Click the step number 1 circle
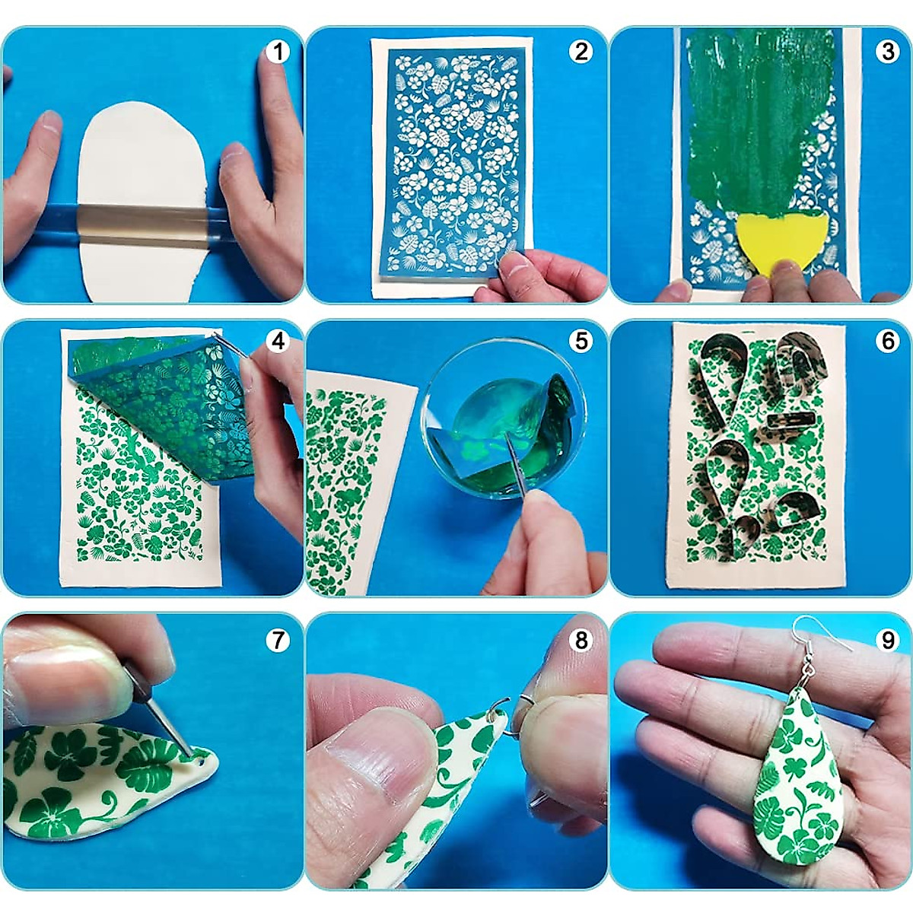278,52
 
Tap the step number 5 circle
582,341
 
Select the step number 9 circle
887,641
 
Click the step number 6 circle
887,341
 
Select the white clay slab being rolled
141,152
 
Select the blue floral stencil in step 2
453,160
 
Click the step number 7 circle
278,641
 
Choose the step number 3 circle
887,52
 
